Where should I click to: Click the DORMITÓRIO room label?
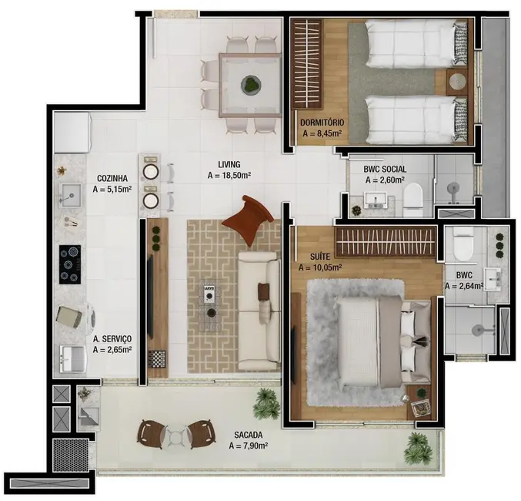pos(323,122)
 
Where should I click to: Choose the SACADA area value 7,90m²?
pos(248,446)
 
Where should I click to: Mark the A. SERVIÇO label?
pos(112,338)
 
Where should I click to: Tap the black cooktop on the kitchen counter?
pos(70,262)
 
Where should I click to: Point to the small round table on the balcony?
pos(176,436)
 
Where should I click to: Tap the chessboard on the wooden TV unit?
pos(158,358)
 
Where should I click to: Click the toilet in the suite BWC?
pos(463,244)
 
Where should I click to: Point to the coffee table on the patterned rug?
pos(209,301)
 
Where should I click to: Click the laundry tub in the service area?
pos(73,358)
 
